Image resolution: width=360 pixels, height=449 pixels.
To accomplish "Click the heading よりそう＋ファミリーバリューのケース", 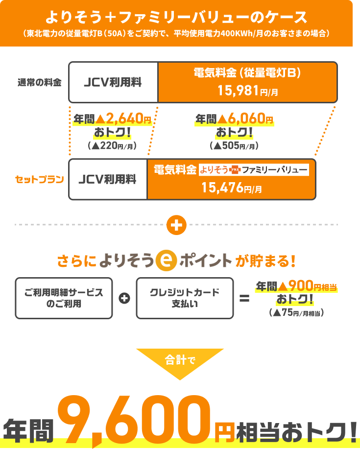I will point(176,17).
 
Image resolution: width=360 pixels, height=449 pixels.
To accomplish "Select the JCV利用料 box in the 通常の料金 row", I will point(113,82).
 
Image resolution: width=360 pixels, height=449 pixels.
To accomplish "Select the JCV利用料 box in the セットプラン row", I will point(108,179).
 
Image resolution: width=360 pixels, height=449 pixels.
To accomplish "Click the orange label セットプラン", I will point(40,179).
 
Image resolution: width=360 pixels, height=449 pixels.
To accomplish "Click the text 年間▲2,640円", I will point(113,118).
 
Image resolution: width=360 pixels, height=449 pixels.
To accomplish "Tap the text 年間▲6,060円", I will point(234,118).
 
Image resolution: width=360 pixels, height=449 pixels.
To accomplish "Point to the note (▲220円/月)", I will point(112,145).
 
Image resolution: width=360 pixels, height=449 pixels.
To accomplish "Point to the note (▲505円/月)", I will point(234,145).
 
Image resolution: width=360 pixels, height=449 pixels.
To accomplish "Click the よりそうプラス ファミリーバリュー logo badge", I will point(254,170).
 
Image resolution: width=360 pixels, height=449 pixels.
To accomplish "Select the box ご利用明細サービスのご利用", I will point(64,298).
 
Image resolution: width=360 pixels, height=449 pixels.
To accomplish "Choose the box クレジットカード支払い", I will point(184,298).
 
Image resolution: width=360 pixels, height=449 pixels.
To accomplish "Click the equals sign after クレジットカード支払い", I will point(244,298).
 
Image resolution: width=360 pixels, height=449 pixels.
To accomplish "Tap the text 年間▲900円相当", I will point(297,285).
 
